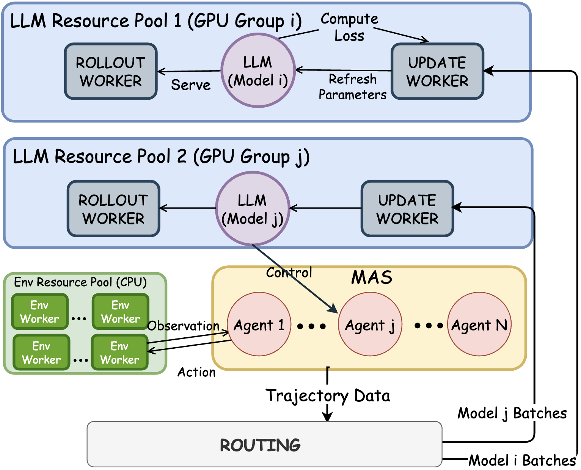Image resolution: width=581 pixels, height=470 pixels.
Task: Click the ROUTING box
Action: [x=264, y=444]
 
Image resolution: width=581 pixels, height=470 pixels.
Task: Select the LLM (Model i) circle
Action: [x=258, y=70]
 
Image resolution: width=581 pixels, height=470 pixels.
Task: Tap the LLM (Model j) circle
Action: [x=253, y=208]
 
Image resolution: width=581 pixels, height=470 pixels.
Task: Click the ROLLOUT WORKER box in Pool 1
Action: [x=111, y=71]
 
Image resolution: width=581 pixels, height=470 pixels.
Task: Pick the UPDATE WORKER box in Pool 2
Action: [x=407, y=209]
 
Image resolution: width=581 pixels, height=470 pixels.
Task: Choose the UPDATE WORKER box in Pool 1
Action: [x=437, y=71]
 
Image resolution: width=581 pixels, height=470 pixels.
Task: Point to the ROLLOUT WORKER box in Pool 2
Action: [x=113, y=209]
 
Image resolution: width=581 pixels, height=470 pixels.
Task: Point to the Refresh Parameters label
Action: [x=353, y=87]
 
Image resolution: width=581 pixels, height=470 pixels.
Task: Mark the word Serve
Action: [x=191, y=85]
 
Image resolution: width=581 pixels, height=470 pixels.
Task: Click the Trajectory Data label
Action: [x=328, y=395]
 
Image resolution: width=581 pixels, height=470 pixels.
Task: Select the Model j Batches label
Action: [x=512, y=413]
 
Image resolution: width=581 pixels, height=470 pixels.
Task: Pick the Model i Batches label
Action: [x=522, y=461]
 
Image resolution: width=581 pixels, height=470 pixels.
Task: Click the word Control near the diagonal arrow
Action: [x=289, y=272]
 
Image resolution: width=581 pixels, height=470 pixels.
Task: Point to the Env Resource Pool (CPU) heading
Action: [x=80, y=282]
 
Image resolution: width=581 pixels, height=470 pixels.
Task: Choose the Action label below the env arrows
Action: [x=196, y=372]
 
